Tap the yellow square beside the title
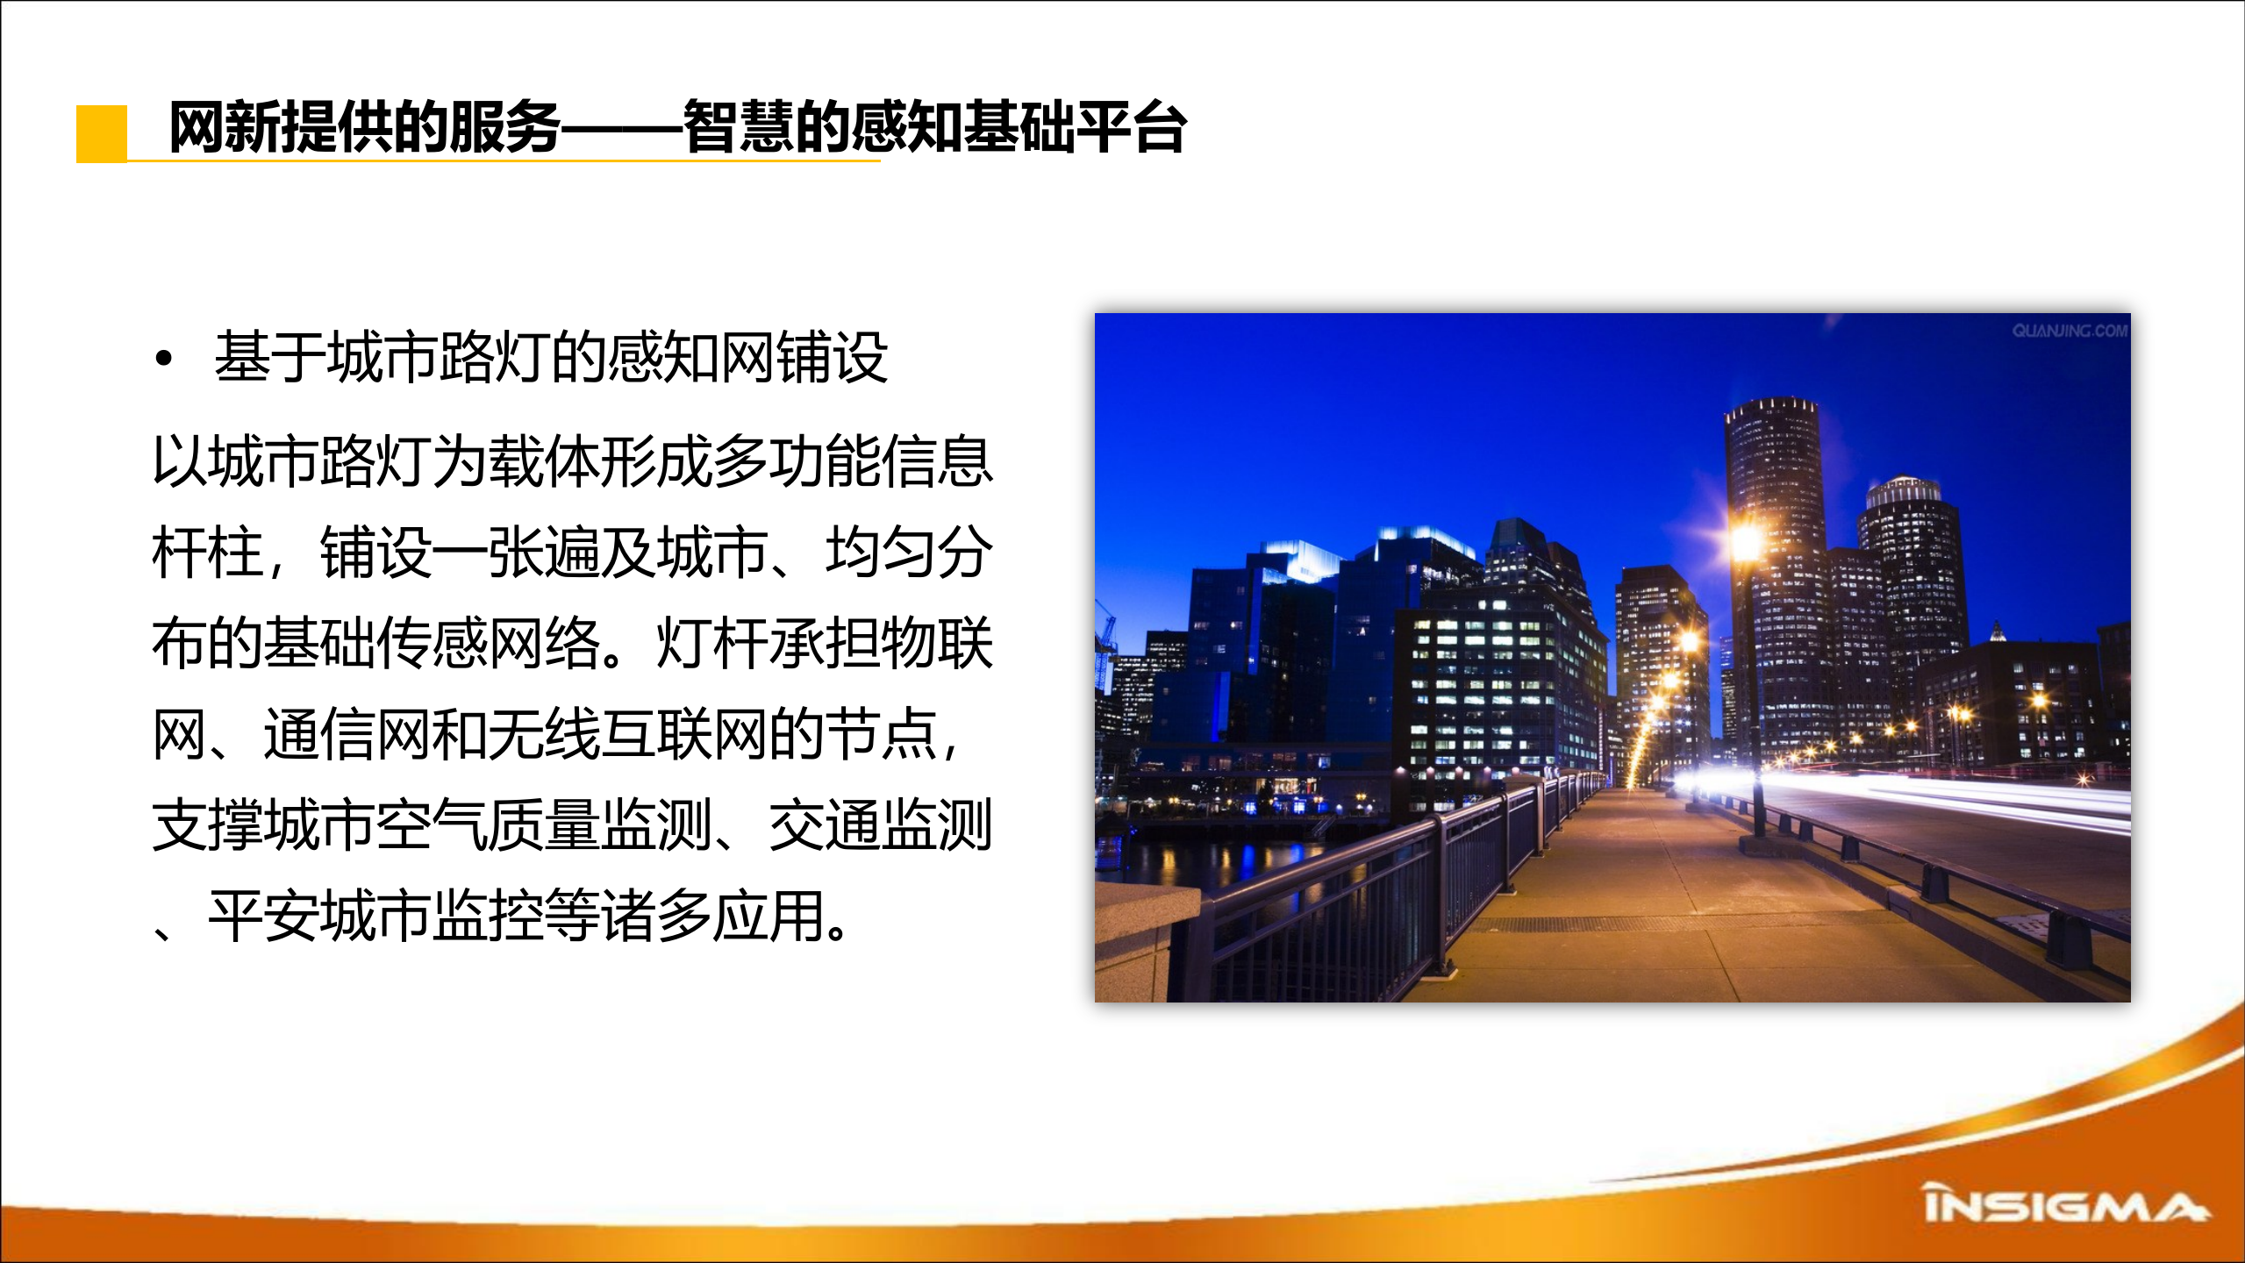click(102, 133)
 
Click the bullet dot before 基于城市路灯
click(163, 359)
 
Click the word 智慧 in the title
click(738, 128)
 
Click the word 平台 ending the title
click(1131, 128)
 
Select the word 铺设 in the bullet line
click(833, 358)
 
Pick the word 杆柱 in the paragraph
click(208, 553)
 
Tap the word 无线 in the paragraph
click(544, 734)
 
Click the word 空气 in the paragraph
click(432, 825)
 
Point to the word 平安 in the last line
click(264, 917)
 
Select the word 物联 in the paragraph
click(937, 644)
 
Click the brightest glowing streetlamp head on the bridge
click(1745, 541)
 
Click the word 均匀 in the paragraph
click(881, 553)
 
